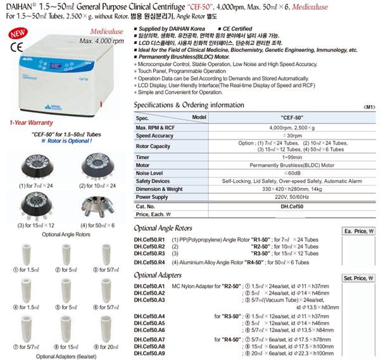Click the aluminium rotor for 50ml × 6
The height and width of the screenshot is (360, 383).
[x=95, y=205]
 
